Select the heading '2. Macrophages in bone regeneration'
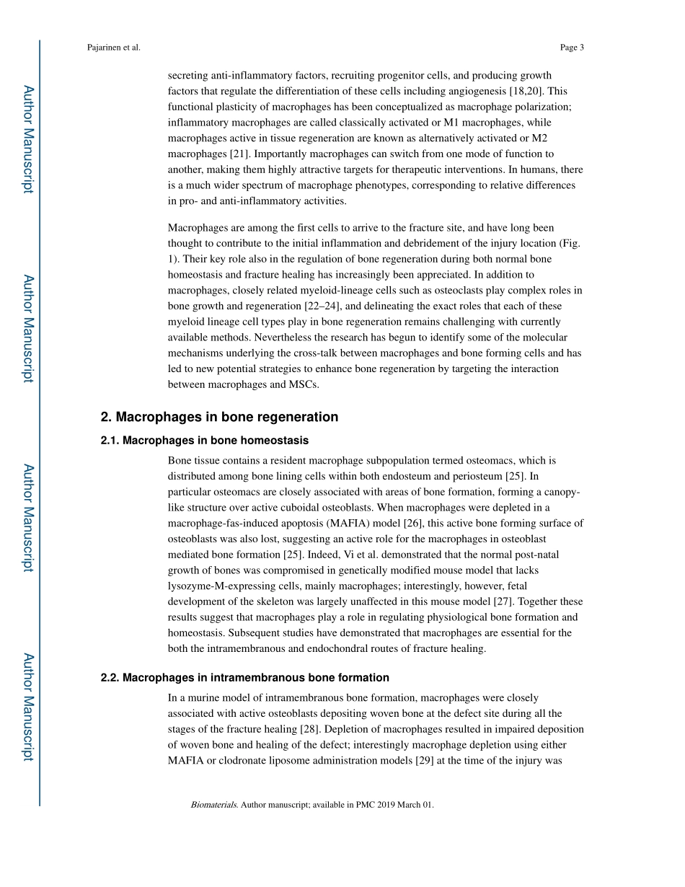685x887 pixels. point(219,417)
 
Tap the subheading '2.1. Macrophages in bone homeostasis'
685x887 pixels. point(205,440)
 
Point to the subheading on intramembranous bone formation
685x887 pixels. point(245,677)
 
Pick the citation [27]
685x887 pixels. point(502,601)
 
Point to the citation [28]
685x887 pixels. point(310,729)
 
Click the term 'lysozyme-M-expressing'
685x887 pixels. point(216,586)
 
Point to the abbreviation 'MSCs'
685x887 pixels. point(304,384)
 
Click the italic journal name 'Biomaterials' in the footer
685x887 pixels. point(214,804)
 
